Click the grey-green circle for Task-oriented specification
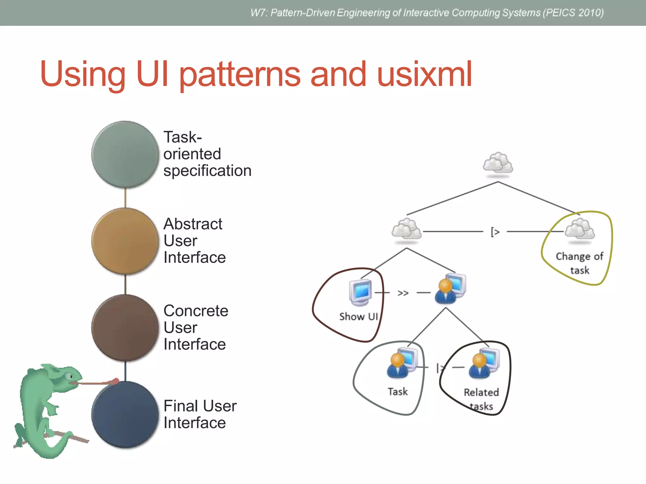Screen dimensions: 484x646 tap(125, 154)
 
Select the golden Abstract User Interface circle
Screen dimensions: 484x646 tap(125, 241)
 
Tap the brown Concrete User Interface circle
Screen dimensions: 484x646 tap(125, 328)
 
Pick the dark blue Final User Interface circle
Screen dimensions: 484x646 tap(125, 414)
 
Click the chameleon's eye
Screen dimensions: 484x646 tap(69, 376)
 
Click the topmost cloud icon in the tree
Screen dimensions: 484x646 tap(498, 163)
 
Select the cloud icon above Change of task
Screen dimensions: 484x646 tap(580, 229)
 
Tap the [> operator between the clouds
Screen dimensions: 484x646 tap(495, 232)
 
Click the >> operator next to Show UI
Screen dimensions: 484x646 tap(403, 293)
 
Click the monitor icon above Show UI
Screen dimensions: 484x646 tap(361, 292)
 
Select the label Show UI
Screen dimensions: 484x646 tap(359, 316)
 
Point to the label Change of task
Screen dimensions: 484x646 tap(579, 263)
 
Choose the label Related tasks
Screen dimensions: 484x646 tap(481, 399)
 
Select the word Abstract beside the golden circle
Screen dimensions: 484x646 tap(193, 224)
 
